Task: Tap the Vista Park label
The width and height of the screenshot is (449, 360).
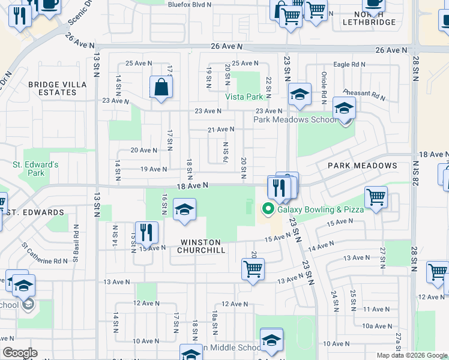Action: (244, 97)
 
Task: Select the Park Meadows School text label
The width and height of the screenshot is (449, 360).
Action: (295, 119)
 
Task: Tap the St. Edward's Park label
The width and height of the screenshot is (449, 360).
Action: (36, 169)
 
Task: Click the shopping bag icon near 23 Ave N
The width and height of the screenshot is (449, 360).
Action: (161, 88)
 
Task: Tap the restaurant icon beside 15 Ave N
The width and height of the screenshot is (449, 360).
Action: (146, 232)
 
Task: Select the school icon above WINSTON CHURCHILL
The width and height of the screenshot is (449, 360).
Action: (184, 210)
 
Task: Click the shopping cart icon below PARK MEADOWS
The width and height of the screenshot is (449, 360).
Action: (376, 197)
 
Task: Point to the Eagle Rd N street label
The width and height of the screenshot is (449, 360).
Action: (349, 64)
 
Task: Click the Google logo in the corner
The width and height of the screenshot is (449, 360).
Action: (20, 353)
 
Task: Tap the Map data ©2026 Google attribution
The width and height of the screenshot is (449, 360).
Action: (412, 355)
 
